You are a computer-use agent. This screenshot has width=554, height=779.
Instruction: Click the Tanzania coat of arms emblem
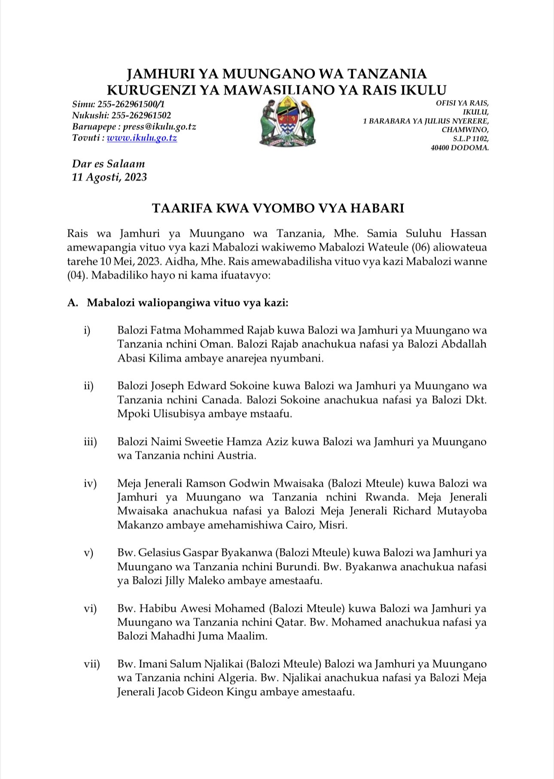(288, 122)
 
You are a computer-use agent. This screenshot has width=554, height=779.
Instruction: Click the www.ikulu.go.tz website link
(142, 138)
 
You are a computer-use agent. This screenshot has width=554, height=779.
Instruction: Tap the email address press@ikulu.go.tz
(159, 127)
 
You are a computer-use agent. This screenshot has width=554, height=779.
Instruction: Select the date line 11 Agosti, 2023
(110, 177)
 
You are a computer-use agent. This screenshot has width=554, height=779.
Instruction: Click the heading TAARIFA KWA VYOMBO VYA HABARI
(278, 208)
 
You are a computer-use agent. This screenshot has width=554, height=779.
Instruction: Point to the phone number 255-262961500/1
(131, 104)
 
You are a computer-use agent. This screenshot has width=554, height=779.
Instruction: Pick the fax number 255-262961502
(141, 115)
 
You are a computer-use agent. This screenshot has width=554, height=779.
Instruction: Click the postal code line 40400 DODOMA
(460, 148)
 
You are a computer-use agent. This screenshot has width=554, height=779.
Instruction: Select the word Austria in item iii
(236, 455)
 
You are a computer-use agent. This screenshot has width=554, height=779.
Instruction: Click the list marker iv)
(90, 483)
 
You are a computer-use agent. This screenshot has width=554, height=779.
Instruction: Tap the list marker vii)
(91, 664)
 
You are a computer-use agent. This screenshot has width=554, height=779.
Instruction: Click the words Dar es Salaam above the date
(109, 164)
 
